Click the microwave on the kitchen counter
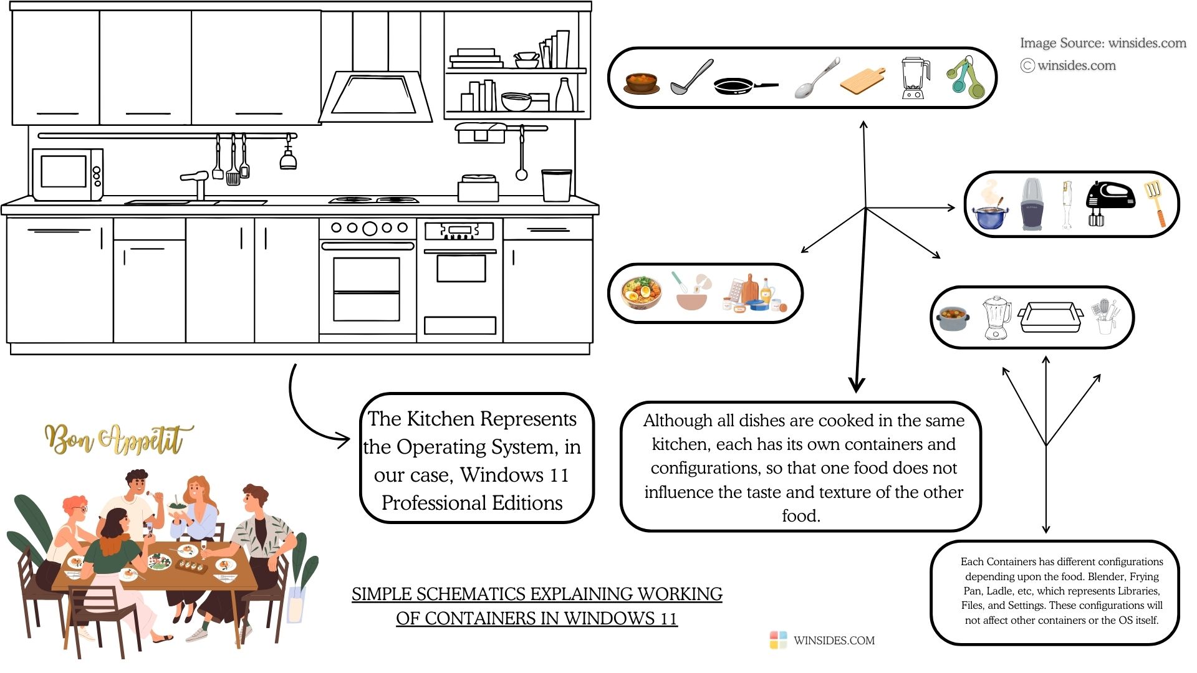[x=67, y=174]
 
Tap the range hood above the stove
[x=375, y=97]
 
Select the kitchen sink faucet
[x=197, y=183]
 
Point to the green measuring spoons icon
[x=964, y=79]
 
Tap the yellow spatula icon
[x=1155, y=203]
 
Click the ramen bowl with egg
[x=642, y=293]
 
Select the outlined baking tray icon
[x=1050, y=317]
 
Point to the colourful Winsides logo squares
[x=778, y=640]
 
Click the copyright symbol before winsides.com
[x=1027, y=65]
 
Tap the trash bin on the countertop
[x=556, y=185]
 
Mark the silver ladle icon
[x=691, y=78]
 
